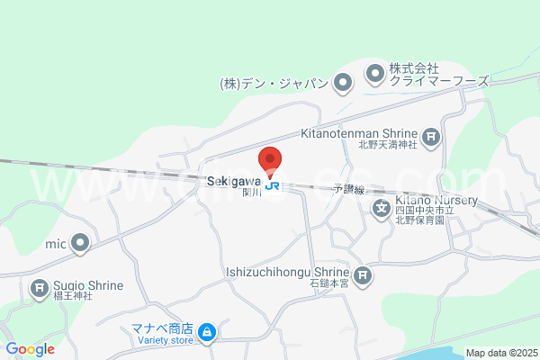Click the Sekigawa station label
[x=235, y=180]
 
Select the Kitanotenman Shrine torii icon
[x=432, y=137]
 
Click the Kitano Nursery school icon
[x=381, y=210]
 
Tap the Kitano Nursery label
[x=427, y=202]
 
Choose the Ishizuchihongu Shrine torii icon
[x=362, y=275]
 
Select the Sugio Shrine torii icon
[x=40, y=289]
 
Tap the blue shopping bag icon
[x=207, y=333]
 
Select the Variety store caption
[x=164, y=340]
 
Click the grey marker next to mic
[x=81, y=242]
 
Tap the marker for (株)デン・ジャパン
[x=342, y=85]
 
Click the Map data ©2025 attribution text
[x=501, y=352]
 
